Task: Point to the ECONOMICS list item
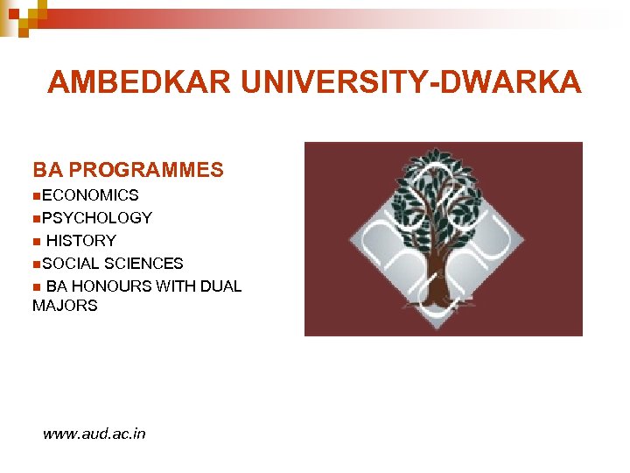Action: (89, 195)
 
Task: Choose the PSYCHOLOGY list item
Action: (96, 218)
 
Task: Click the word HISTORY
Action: (80, 241)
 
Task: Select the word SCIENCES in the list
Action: (143, 264)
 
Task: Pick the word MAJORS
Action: (65, 306)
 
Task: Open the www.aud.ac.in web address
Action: (94, 434)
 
